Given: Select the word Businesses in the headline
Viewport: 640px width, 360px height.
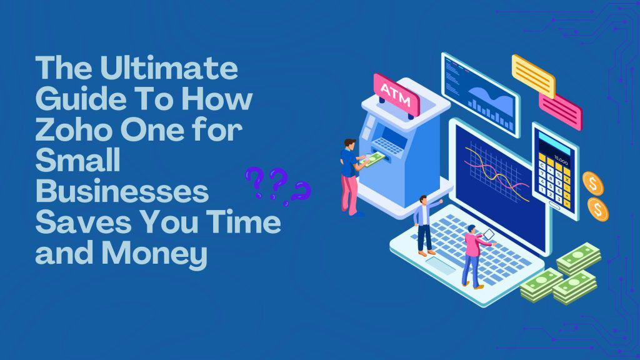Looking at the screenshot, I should (122, 192).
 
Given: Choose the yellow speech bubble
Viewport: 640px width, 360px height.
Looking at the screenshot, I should (533, 76).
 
